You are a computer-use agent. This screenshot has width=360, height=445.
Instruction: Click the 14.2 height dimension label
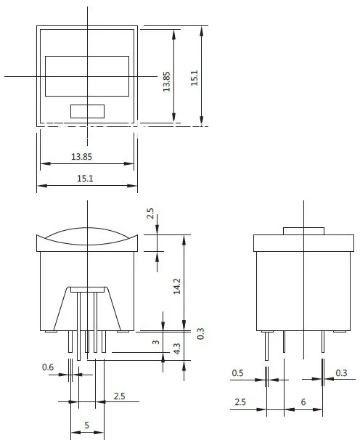tap(177, 286)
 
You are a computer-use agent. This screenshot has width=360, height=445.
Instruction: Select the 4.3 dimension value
tap(177, 348)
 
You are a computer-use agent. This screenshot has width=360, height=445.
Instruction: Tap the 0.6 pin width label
tap(48, 367)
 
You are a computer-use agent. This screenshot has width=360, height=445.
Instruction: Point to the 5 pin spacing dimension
tap(87, 425)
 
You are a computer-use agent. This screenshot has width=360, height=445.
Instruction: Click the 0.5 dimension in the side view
tap(237, 373)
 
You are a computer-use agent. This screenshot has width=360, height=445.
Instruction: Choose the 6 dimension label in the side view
tap(303, 402)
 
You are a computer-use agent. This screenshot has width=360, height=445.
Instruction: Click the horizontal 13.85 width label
tap(81, 157)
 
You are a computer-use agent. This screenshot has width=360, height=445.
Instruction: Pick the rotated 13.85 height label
tap(166, 81)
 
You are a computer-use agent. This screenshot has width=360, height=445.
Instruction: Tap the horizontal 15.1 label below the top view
tap(85, 179)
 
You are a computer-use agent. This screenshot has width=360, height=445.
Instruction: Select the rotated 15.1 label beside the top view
tap(195, 78)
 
